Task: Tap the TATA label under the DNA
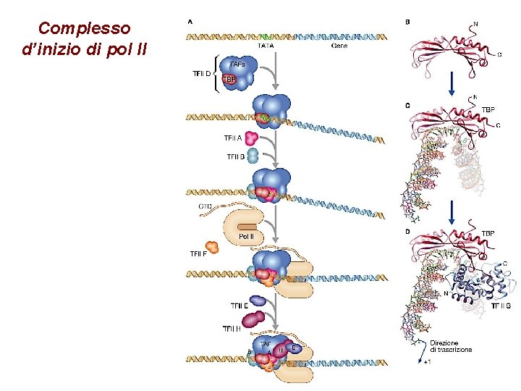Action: [x=266, y=46]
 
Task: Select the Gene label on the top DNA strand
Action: [x=339, y=46]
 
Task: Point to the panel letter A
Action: [x=190, y=22]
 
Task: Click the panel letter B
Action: [x=407, y=22]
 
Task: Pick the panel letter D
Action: [x=407, y=232]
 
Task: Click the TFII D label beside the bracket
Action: [x=202, y=73]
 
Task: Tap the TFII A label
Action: [x=232, y=138]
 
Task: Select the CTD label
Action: [x=206, y=206]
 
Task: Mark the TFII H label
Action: [x=233, y=329]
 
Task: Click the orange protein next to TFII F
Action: [x=212, y=246]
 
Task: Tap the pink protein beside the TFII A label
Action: [x=252, y=138]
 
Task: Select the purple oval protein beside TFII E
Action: [x=258, y=300]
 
